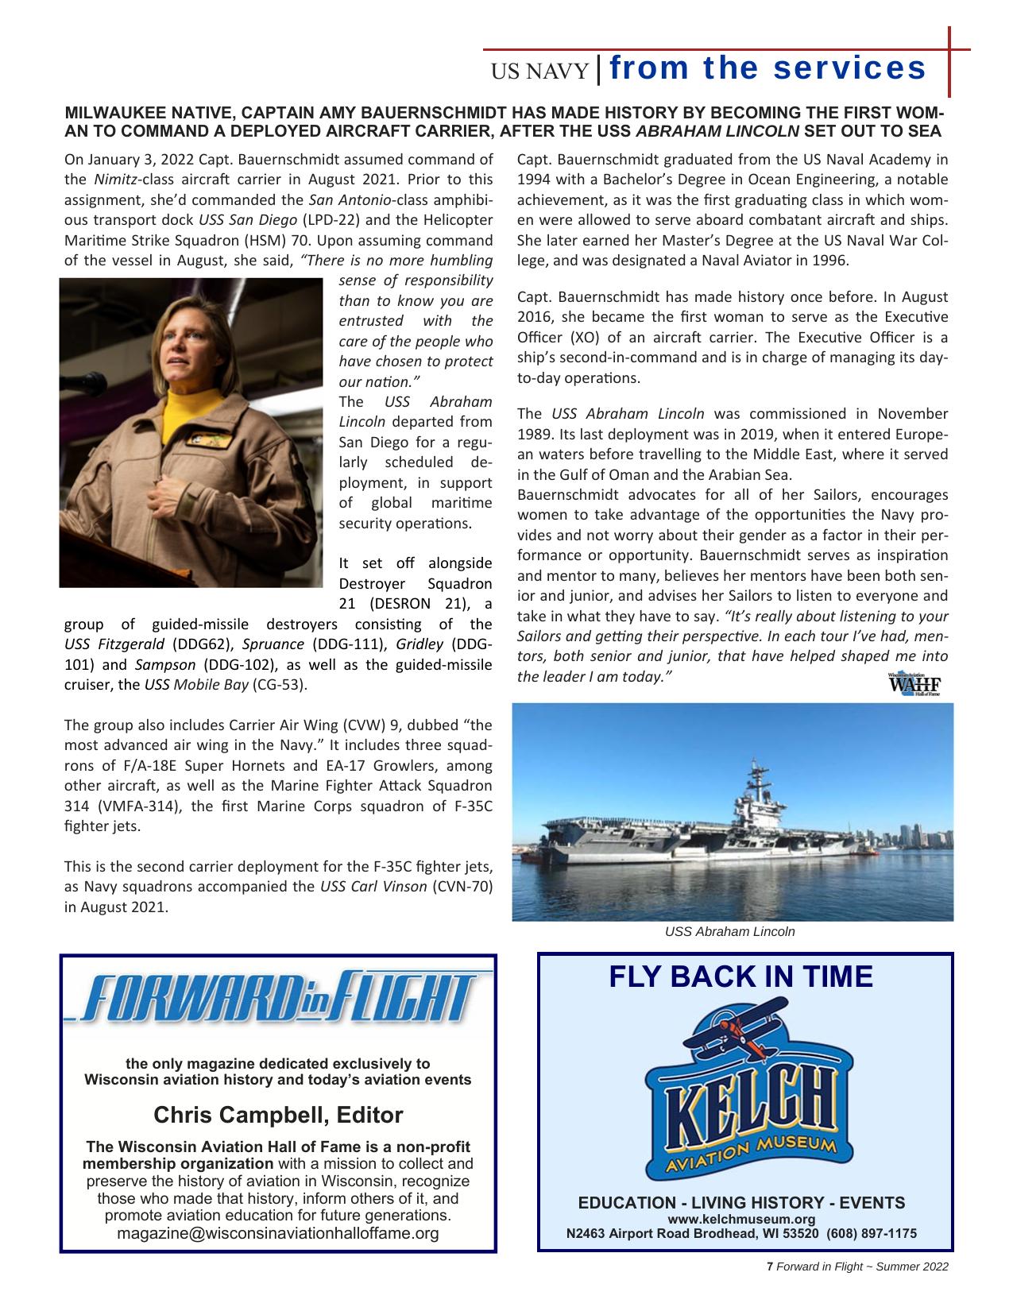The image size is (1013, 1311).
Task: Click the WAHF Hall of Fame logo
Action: [914, 684]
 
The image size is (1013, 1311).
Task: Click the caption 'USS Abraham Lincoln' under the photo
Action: [729, 931]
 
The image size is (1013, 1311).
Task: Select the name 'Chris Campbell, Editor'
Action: [278, 1115]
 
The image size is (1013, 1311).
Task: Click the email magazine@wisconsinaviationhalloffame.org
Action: [278, 1233]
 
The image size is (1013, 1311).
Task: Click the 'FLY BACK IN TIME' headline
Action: [740, 976]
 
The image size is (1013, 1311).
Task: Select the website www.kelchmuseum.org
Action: [741, 1220]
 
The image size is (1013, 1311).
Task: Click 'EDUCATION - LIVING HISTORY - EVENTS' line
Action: [741, 1203]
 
